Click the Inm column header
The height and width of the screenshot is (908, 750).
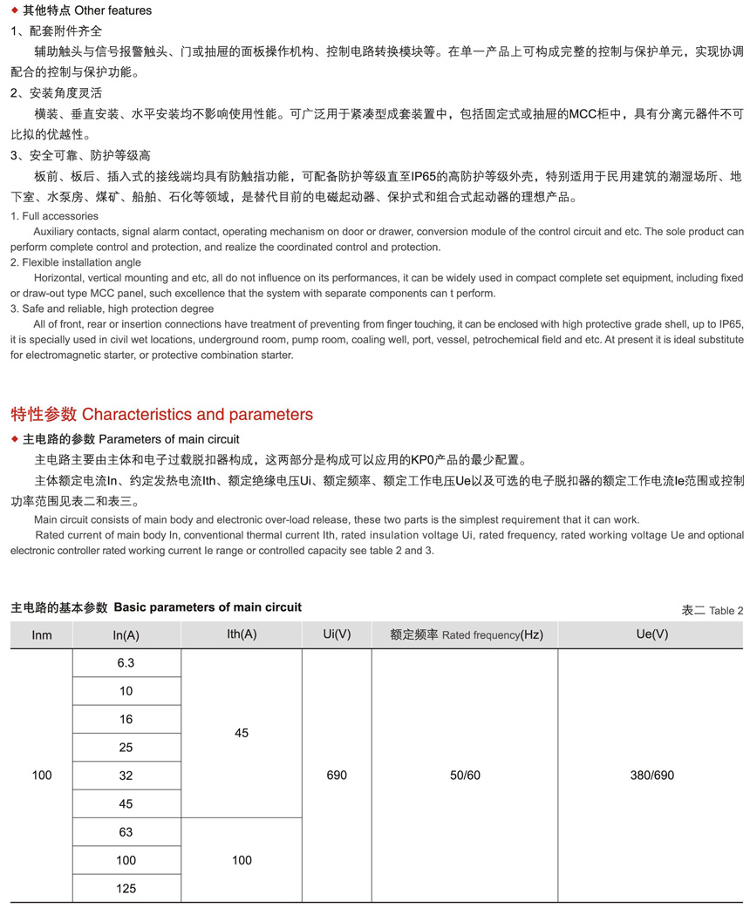click(42, 635)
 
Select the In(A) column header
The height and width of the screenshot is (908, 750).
click(126, 635)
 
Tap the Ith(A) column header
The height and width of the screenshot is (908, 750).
click(242, 634)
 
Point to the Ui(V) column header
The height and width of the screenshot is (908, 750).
click(337, 634)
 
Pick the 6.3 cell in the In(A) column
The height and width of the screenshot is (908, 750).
click(126, 663)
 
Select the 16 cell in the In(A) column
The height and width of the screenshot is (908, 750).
click(126, 720)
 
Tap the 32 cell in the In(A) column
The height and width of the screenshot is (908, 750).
click(126, 776)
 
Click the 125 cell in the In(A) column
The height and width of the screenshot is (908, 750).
click(126, 889)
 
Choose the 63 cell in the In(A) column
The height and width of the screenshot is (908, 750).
click(126, 832)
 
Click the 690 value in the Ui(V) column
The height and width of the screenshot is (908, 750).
click(337, 776)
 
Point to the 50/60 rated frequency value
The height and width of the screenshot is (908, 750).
click(466, 776)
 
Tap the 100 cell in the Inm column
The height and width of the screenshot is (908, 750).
click(42, 776)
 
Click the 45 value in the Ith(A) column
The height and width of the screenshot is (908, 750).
click(242, 734)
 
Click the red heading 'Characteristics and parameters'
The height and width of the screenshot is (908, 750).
click(197, 414)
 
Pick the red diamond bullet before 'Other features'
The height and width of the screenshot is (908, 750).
click(14, 10)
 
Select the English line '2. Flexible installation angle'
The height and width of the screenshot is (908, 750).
click(76, 262)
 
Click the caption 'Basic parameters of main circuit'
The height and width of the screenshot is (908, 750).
click(208, 607)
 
